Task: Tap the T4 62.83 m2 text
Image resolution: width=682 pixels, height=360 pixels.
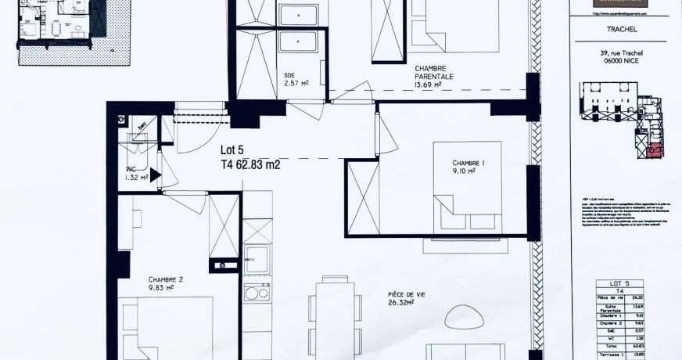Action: click(250, 164)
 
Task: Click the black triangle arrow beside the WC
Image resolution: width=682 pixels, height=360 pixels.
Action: click(155, 176)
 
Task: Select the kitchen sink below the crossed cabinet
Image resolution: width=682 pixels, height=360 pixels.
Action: click(257, 260)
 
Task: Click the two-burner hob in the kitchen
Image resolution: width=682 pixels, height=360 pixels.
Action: click(257, 292)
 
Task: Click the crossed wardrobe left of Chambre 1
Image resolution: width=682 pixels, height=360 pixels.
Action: click(362, 196)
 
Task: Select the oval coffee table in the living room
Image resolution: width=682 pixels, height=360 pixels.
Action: click(465, 318)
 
